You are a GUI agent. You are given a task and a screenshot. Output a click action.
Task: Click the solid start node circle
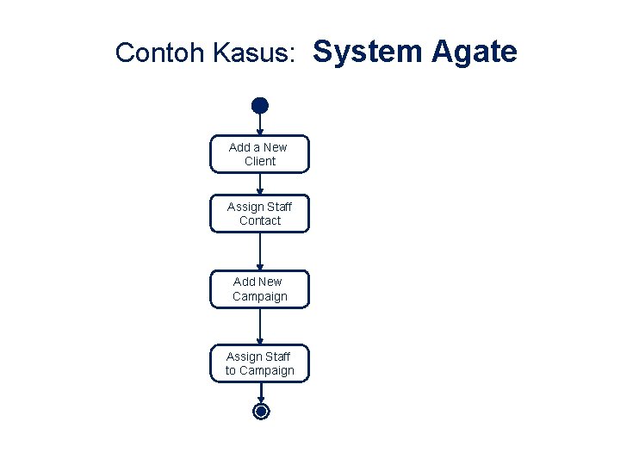(x=260, y=106)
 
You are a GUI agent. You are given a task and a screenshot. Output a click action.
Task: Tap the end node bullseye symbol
(x=261, y=412)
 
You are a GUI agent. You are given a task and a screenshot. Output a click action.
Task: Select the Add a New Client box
(x=259, y=154)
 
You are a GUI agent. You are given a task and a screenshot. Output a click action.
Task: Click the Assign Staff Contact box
(x=259, y=214)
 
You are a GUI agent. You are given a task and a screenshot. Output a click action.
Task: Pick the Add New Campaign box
(x=259, y=288)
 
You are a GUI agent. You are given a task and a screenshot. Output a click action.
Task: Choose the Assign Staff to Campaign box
(x=259, y=363)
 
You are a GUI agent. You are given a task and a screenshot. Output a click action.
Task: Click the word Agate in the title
(x=474, y=52)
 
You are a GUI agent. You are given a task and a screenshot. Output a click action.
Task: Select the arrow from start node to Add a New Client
(x=260, y=124)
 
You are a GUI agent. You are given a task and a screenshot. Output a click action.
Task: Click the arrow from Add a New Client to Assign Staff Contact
(x=260, y=183)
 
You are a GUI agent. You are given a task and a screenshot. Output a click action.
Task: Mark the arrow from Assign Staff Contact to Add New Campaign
(x=260, y=251)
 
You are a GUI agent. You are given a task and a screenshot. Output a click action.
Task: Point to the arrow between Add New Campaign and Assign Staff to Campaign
(x=260, y=326)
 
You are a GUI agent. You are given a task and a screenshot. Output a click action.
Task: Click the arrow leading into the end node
(x=260, y=393)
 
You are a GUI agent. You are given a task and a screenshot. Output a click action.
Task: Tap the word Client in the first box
(x=260, y=161)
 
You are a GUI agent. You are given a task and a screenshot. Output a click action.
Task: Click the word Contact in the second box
(x=260, y=220)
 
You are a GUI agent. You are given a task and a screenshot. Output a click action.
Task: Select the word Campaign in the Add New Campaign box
(x=260, y=296)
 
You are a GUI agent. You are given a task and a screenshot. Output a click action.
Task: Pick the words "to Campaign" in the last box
(x=260, y=371)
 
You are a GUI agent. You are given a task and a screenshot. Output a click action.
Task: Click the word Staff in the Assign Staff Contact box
(x=279, y=207)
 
